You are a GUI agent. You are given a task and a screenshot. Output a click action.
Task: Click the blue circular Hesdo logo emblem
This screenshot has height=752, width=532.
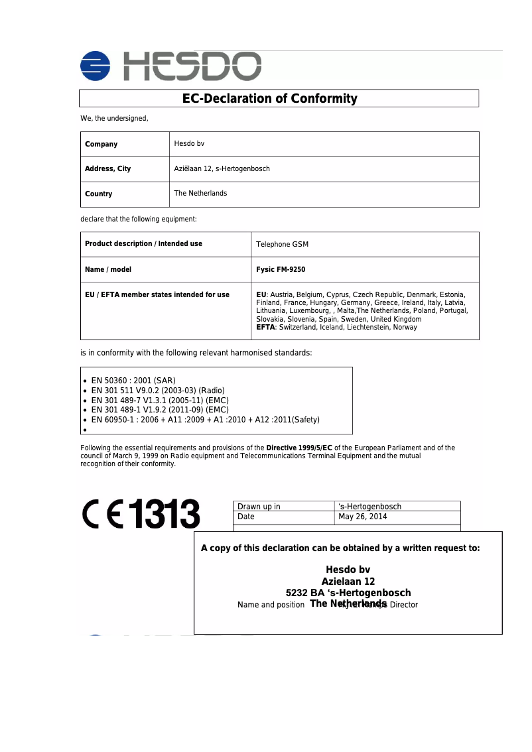[x=96, y=67]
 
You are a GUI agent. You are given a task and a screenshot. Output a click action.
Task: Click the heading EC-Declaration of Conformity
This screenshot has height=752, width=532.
[x=269, y=99]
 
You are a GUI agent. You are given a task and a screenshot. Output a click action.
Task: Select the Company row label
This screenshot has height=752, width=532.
[x=101, y=144]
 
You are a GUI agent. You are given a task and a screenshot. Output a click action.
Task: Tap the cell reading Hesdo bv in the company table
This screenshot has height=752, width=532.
[x=189, y=143]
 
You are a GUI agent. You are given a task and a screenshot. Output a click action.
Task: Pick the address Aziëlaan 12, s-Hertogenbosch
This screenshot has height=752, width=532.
[x=222, y=168]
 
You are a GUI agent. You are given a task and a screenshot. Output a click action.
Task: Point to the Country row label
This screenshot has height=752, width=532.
[x=98, y=194]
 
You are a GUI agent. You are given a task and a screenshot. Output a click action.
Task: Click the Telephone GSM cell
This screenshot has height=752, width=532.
[x=282, y=244]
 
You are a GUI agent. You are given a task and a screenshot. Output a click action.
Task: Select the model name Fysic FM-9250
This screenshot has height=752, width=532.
[x=281, y=270]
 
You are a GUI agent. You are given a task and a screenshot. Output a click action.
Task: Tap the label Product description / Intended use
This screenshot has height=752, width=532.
[x=143, y=243]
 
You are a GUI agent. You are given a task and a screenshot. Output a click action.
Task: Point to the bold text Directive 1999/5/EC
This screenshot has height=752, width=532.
[x=299, y=448]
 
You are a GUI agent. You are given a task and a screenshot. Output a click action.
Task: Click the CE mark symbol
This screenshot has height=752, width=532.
[x=102, y=514]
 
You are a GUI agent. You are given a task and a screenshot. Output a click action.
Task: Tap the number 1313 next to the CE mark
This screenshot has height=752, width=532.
[x=164, y=514]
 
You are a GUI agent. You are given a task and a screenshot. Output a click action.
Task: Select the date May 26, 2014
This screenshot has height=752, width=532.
[x=362, y=517]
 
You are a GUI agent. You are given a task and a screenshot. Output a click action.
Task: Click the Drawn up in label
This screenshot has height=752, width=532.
[x=259, y=507]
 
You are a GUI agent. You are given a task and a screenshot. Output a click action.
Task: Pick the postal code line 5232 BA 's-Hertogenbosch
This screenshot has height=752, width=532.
[x=348, y=592]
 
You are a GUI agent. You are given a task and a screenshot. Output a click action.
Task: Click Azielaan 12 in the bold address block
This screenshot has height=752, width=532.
[x=348, y=581]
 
